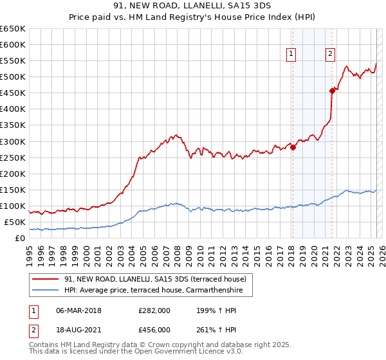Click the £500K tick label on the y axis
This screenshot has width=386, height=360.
tap(13, 77)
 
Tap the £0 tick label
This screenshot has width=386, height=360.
tap(21, 239)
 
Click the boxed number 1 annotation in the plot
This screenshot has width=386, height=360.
tap(292, 55)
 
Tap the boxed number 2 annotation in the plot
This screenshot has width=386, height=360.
tap(330, 55)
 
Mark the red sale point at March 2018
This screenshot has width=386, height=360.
tap(293, 147)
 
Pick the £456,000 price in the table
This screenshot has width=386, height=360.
tap(154, 330)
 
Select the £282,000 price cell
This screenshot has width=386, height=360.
tap(154, 311)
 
